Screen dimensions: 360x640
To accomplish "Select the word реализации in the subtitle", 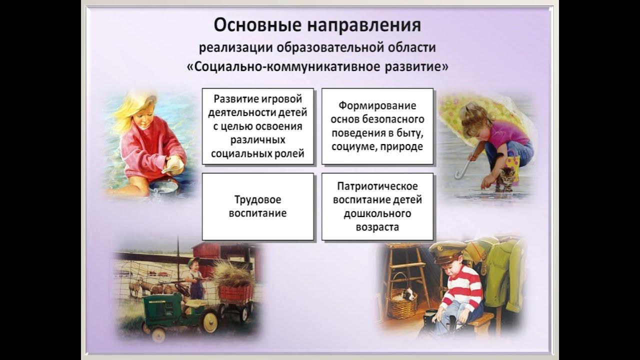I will (232, 48).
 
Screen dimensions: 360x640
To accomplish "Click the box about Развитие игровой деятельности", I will (257, 126).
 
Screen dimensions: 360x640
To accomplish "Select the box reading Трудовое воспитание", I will (257, 206).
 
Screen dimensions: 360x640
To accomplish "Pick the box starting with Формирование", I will (377, 126).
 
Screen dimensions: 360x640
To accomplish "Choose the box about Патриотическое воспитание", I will (377, 206).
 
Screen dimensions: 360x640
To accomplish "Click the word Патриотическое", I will (377, 186).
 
